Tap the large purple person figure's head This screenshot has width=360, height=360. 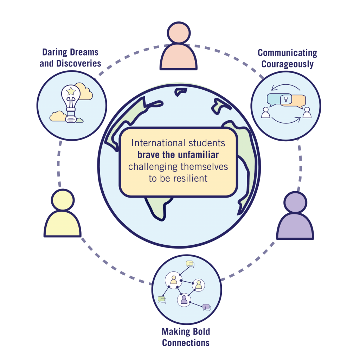295,202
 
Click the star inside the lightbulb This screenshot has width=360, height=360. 71,91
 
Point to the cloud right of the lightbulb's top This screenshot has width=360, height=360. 84,92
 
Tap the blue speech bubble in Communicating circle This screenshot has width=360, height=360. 274,100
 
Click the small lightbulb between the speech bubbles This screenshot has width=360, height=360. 285,100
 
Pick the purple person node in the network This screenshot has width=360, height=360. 184,300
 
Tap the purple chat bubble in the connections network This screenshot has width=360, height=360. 207,308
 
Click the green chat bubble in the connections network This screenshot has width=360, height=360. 162,300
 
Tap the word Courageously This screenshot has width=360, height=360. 287,65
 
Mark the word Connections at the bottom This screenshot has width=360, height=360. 186,342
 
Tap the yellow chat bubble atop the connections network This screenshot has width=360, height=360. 190,264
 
